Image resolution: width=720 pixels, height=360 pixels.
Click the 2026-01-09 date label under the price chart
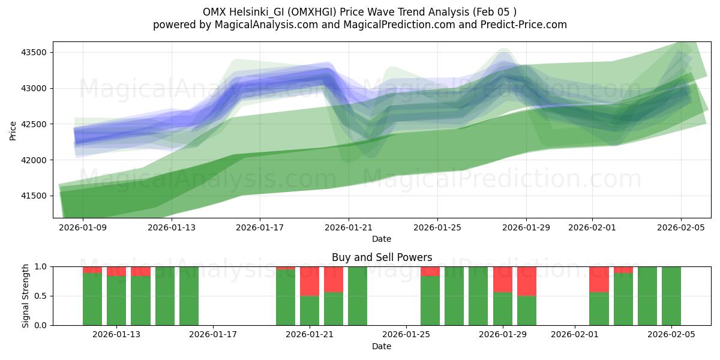click(83, 228)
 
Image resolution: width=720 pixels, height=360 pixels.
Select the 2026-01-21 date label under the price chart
click(349, 228)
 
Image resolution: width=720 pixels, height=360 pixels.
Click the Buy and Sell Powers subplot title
click(382, 257)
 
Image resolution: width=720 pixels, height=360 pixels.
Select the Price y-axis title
click(13, 130)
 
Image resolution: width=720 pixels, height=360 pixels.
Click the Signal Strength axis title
click(25, 296)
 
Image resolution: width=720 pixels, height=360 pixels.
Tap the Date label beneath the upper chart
click(382, 239)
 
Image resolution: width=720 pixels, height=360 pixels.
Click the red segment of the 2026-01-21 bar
click(310, 281)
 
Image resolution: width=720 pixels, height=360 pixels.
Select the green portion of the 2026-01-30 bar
click(527, 311)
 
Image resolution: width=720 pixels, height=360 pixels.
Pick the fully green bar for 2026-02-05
click(671, 296)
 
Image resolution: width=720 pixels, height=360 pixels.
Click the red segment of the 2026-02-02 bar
click(599, 279)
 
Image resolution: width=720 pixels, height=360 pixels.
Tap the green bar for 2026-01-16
click(189, 296)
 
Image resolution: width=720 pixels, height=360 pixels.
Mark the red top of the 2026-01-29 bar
click(503, 279)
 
